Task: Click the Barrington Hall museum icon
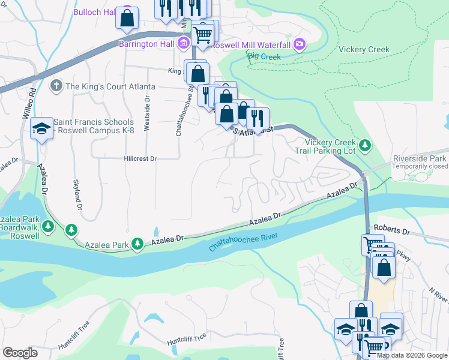[x=183, y=43]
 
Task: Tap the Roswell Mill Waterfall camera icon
[x=299, y=44]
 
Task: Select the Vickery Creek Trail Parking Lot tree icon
[x=364, y=145]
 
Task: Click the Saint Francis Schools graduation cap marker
[x=41, y=129]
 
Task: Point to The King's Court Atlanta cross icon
[x=56, y=86]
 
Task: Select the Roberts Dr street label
[x=391, y=229]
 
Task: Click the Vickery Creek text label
[x=364, y=50]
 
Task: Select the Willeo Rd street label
[x=34, y=103]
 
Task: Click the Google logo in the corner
[x=20, y=353]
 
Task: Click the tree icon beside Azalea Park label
[x=137, y=243]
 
